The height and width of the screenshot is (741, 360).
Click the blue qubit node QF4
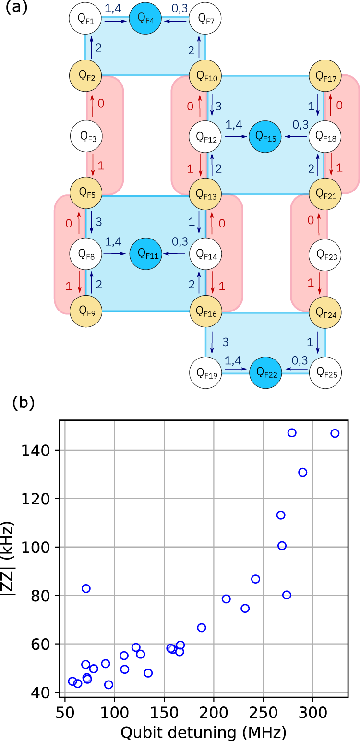pos(145,19)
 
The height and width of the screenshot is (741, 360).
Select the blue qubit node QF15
pos(265,137)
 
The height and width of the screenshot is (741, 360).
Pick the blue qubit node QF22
pos(265,372)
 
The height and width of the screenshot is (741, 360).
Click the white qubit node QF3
pos(86,137)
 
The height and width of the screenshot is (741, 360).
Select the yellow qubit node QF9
pos(86,313)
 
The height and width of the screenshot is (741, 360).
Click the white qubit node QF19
pos(205,372)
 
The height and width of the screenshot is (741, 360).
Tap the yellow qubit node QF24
pos(324,313)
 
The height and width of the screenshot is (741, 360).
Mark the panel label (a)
pos(16,8)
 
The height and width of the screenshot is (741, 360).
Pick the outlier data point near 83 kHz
pos(86,588)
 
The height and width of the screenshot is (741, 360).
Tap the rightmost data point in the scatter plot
pos(335,433)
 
